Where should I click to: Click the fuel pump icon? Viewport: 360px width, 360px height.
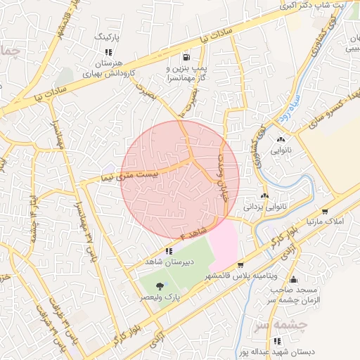tap(186, 58)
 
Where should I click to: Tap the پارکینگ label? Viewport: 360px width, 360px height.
tap(108, 35)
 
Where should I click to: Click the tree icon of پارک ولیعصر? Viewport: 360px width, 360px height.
tap(160, 286)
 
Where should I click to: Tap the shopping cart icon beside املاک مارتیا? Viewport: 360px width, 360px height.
tap(325, 210)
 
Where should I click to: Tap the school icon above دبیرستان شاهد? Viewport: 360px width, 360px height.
tap(169, 251)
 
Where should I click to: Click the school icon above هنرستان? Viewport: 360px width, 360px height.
tap(108, 52)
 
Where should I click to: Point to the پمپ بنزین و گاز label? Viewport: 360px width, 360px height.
tap(184, 73)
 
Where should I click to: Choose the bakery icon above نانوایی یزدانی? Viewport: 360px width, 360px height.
tap(265, 196)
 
